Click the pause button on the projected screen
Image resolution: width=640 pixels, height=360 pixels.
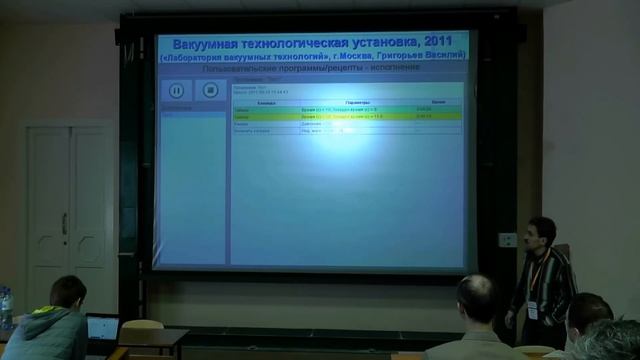pos(176,90)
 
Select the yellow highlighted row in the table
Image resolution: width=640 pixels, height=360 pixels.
pos(340,116)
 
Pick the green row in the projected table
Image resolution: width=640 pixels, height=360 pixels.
pos(340,108)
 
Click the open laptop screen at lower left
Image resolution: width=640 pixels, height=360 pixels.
pos(102,326)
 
